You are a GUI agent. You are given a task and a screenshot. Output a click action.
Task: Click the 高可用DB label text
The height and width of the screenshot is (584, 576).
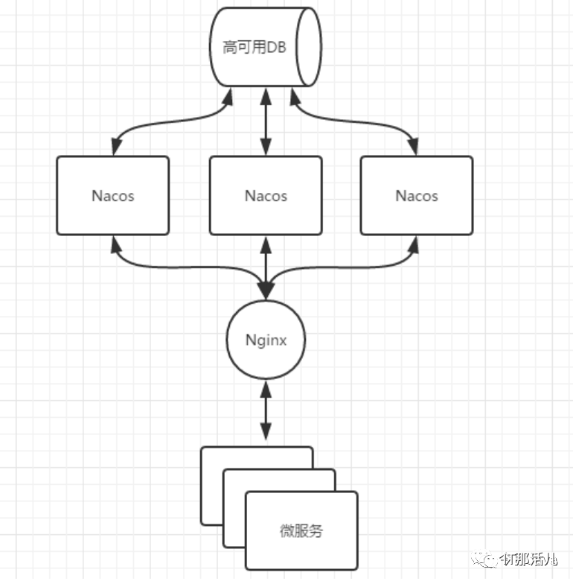click(255, 48)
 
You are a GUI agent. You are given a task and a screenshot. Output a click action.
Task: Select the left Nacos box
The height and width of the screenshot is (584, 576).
click(113, 195)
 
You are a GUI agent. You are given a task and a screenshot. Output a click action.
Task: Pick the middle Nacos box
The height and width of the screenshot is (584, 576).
click(266, 195)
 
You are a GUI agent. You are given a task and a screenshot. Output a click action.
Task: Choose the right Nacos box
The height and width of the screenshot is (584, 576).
click(417, 195)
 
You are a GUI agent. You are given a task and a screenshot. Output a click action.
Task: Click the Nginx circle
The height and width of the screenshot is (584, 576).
click(266, 340)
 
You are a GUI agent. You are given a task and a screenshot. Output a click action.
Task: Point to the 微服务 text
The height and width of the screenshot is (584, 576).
click(301, 531)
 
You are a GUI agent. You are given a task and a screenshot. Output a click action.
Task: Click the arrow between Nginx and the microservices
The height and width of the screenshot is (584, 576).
click(266, 410)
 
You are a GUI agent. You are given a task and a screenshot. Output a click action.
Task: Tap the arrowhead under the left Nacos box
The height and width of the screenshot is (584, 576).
click(114, 243)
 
